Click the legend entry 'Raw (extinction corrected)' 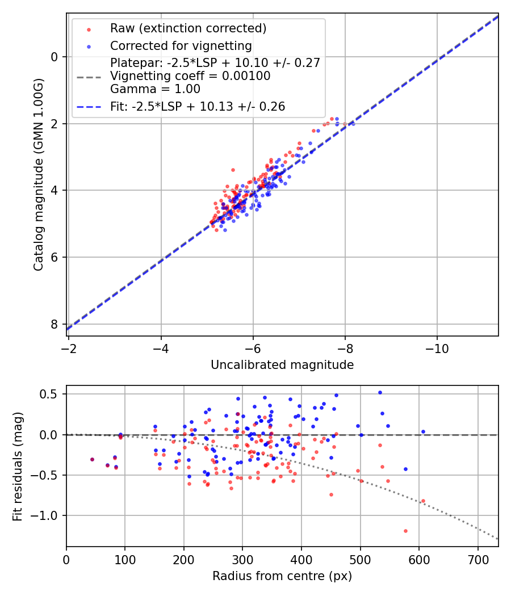188,28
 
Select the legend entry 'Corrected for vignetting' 181,45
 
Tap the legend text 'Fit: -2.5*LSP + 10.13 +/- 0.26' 198,106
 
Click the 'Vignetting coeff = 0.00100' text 190,75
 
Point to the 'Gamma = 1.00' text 155,89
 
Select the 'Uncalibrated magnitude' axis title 282,365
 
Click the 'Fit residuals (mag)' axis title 18,466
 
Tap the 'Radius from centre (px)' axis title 282,576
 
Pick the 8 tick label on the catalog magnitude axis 55,324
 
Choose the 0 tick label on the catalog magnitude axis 55,57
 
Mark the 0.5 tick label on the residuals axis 53,394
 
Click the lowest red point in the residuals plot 405,531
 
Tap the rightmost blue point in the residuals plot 423,432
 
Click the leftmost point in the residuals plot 92,460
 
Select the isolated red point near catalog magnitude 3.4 233,170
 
